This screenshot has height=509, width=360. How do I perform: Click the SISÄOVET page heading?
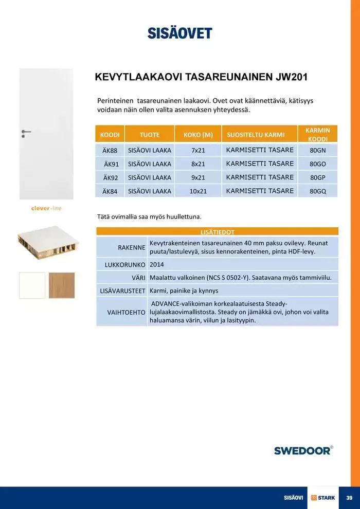179,33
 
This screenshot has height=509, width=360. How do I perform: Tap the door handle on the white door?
26,132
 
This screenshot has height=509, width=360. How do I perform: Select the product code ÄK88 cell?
110,150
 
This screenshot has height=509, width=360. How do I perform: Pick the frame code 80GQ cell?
318,191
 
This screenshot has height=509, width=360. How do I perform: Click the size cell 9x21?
198,177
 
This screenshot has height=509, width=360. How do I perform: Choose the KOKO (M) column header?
198,135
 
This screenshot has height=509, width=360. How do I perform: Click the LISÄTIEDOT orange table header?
218,232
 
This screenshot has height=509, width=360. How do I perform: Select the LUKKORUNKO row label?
122,265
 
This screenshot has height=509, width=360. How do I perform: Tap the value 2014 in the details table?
156,265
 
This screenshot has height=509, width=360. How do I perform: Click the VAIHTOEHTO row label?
126,312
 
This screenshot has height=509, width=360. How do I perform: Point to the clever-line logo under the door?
47,208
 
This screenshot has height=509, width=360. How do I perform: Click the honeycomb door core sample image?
47,242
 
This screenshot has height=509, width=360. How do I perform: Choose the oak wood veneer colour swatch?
62,285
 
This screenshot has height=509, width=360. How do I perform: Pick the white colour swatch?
32,285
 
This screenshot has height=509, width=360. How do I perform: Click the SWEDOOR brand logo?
303,450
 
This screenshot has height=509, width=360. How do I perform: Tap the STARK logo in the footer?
323,498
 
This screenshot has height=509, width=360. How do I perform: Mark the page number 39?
349,498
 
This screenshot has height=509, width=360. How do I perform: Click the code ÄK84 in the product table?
110,191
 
